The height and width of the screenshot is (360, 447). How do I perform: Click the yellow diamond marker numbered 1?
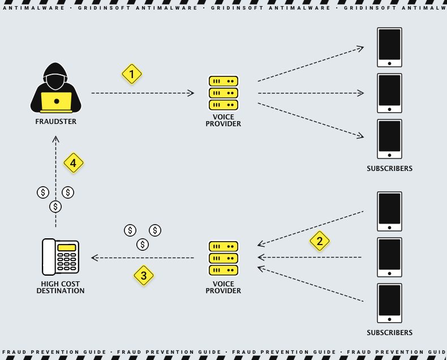pyautogui.click(x=132, y=74)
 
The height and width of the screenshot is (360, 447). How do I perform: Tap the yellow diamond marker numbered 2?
pyautogui.click(x=320, y=241)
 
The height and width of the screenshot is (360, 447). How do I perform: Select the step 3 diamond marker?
pyautogui.click(x=144, y=276)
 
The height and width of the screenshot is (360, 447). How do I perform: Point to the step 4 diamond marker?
pyautogui.click(x=74, y=163)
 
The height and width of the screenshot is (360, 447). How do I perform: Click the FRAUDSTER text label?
pyautogui.click(x=55, y=121)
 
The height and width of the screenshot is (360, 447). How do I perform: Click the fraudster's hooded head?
pyautogui.click(x=56, y=76)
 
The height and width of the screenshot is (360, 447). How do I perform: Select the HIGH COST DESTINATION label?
pyautogui.click(x=61, y=287)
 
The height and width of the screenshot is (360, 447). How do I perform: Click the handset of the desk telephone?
pyautogui.click(x=49, y=256)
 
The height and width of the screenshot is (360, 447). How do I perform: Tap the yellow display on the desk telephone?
pyautogui.click(x=67, y=247)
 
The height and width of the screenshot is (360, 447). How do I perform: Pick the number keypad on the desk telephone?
pyautogui.click(x=67, y=263)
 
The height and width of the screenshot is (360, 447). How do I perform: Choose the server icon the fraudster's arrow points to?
pyautogui.click(x=223, y=93)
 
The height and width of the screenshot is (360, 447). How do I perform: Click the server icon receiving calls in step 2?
pyautogui.click(x=223, y=258)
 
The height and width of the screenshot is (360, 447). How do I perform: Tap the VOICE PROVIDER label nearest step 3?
pyautogui.click(x=223, y=287)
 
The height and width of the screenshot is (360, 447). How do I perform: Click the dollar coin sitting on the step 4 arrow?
pyautogui.click(x=55, y=207)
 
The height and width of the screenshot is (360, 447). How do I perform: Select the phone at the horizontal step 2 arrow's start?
pyautogui.click(x=389, y=257)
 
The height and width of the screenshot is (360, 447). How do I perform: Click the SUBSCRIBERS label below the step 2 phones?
pyautogui.click(x=389, y=332)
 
